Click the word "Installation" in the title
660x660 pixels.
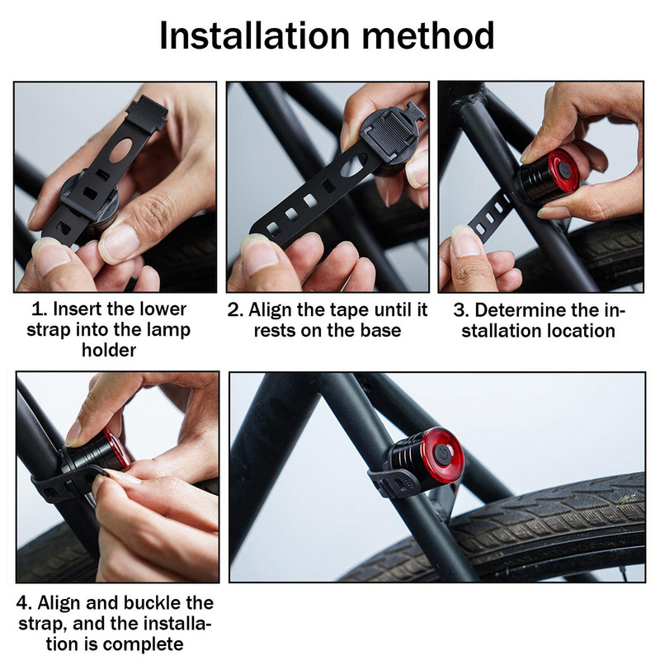(x=255, y=35)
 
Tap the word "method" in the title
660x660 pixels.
(x=428, y=35)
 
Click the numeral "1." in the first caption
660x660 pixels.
(x=40, y=309)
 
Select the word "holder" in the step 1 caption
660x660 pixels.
(x=109, y=350)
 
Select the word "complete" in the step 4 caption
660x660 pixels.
(x=143, y=644)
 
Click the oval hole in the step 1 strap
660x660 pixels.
(x=120, y=150)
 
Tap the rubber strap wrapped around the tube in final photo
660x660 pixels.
(x=394, y=483)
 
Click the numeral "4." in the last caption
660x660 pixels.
(x=24, y=603)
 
